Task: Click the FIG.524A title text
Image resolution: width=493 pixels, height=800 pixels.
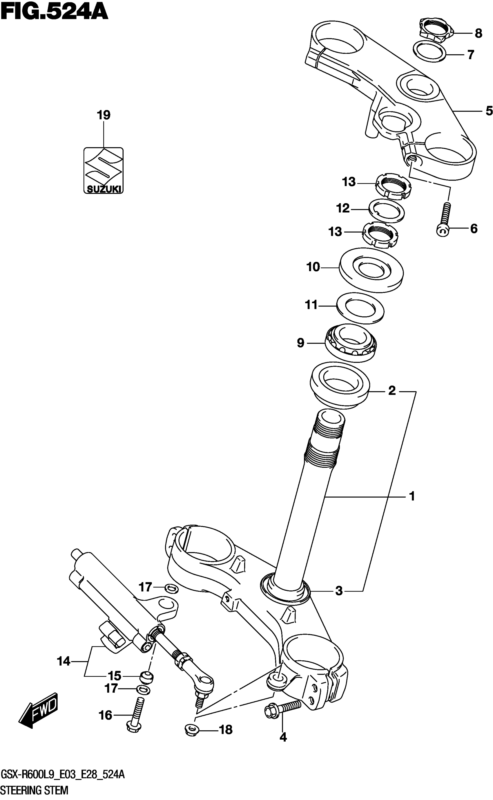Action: (x=54, y=12)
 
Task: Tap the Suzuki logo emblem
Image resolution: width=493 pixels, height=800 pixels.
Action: (x=103, y=170)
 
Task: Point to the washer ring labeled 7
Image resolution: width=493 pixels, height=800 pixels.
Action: (x=429, y=51)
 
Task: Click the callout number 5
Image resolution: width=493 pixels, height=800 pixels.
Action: (x=488, y=111)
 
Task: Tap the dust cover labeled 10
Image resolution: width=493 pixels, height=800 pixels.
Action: (x=371, y=270)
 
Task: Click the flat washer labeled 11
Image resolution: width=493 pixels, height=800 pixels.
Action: (x=360, y=308)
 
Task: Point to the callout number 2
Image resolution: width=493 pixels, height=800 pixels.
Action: (x=391, y=390)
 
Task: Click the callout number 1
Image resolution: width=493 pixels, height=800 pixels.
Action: (x=412, y=496)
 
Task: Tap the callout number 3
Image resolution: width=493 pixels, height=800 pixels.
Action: (x=339, y=590)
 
